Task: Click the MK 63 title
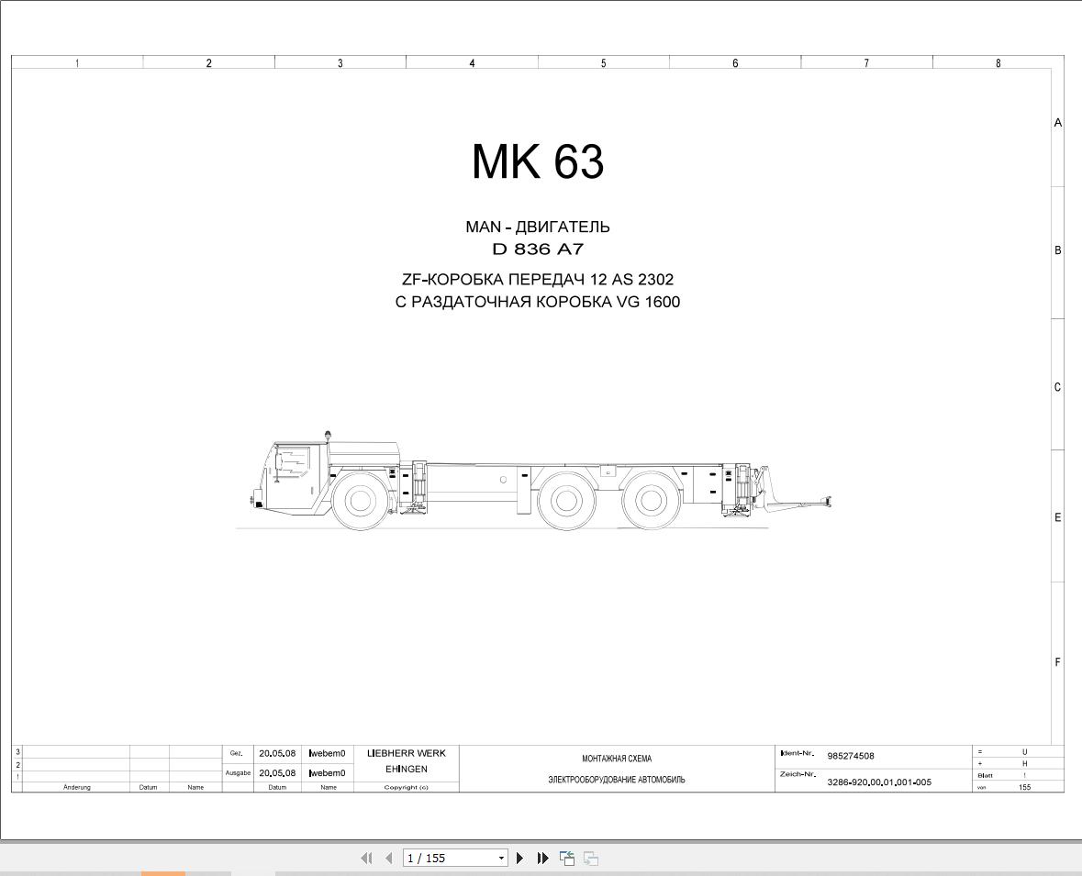[x=538, y=162]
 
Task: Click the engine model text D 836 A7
[x=538, y=249]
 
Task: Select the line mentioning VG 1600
[x=538, y=302]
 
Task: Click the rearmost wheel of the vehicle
[x=651, y=501]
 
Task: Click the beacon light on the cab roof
[x=326, y=434]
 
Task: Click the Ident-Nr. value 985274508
[x=851, y=756]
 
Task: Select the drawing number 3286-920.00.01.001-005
[x=878, y=782]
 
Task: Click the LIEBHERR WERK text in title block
[x=406, y=753]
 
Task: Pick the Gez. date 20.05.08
[x=277, y=753]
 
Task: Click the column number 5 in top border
[x=604, y=63]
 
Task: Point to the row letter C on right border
[x=1057, y=387]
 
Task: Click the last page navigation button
[x=542, y=858]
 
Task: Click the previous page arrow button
[x=388, y=858]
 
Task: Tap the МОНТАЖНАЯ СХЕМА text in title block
[x=617, y=759]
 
